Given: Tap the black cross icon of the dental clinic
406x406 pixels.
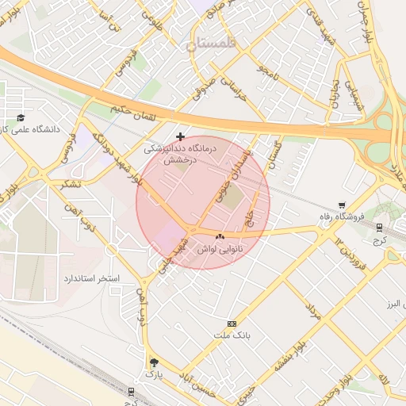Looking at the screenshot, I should [x=180, y=136].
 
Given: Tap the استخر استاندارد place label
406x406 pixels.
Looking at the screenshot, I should [x=90, y=279].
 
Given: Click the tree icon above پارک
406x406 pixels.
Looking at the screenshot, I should [x=152, y=362].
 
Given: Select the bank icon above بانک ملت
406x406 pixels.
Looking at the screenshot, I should [x=232, y=324].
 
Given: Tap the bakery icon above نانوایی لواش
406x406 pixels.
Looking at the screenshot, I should [x=220, y=236].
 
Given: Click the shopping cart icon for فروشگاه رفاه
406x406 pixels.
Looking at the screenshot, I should [x=342, y=205].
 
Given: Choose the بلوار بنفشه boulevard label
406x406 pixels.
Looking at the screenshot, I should [x=290, y=357].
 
